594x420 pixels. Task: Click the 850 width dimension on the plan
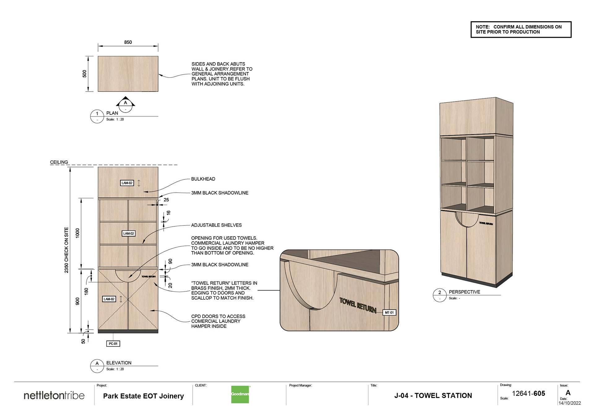tap(128, 42)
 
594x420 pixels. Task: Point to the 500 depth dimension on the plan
tap(84, 74)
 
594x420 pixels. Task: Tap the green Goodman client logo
tap(240, 394)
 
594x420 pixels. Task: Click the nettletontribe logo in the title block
tap(54, 395)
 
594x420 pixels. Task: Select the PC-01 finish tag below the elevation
tap(113, 344)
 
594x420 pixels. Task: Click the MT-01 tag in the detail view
tap(389, 313)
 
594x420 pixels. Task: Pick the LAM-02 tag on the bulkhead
tap(127, 183)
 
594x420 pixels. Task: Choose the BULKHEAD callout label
tap(203, 179)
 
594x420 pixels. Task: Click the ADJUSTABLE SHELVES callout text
tap(216, 225)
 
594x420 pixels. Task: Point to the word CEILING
tap(59, 162)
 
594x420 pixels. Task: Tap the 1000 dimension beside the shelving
tap(78, 233)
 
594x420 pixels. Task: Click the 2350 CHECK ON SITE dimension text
tap(67, 250)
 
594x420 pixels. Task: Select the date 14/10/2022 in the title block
tap(570, 403)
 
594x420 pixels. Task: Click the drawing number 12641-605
tap(528, 393)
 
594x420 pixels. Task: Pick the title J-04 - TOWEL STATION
tap(433, 396)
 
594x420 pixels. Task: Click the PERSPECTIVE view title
tap(464, 292)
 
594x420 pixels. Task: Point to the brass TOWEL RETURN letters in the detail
tap(358, 305)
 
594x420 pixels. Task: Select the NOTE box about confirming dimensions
tap(521, 29)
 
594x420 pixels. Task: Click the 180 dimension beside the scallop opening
tap(86, 291)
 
